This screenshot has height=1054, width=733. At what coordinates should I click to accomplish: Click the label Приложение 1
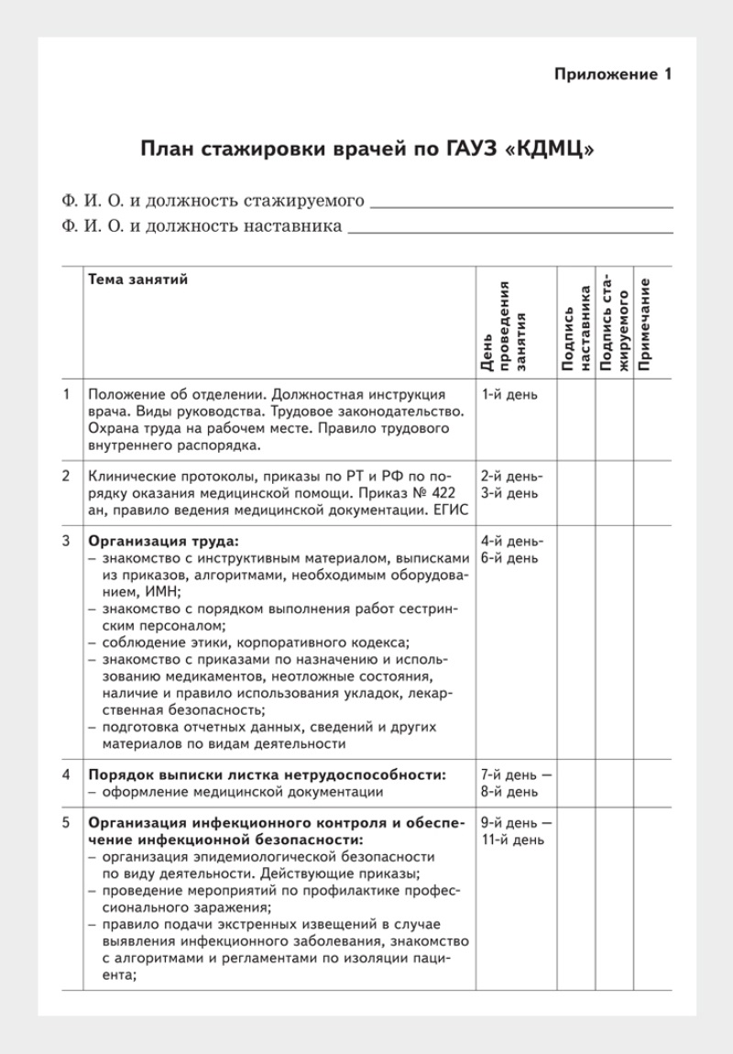pyautogui.click(x=613, y=75)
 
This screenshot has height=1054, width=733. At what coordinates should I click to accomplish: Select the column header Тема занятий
pyautogui.click(x=137, y=280)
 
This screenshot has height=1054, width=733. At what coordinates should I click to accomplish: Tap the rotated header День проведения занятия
pyautogui.click(x=502, y=325)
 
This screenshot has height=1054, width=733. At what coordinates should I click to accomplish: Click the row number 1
pyautogui.click(x=67, y=395)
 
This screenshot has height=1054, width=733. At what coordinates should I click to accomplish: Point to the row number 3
pyautogui.click(x=67, y=542)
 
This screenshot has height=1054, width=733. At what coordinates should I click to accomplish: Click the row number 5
pyautogui.click(x=67, y=822)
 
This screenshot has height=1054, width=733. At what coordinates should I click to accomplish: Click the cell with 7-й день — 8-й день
pyautogui.click(x=516, y=783)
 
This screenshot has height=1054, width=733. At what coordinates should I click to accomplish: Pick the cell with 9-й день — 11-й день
pyautogui.click(x=516, y=830)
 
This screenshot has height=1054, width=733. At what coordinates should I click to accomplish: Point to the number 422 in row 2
pyautogui.click(x=451, y=493)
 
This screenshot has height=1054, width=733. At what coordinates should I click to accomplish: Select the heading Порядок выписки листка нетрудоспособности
pyautogui.click(x=267, y=774)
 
